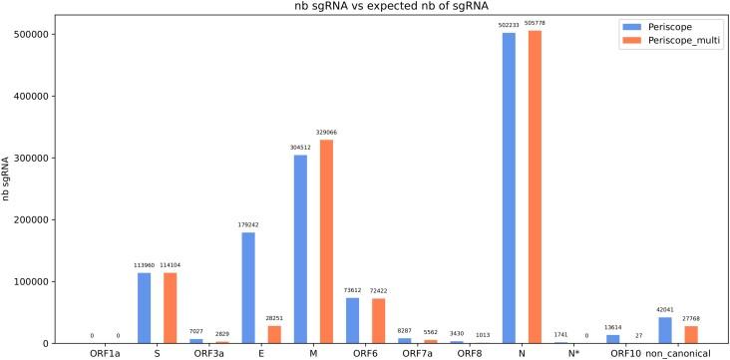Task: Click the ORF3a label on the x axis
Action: pos(207,352)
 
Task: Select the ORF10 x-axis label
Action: pos(626,352)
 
